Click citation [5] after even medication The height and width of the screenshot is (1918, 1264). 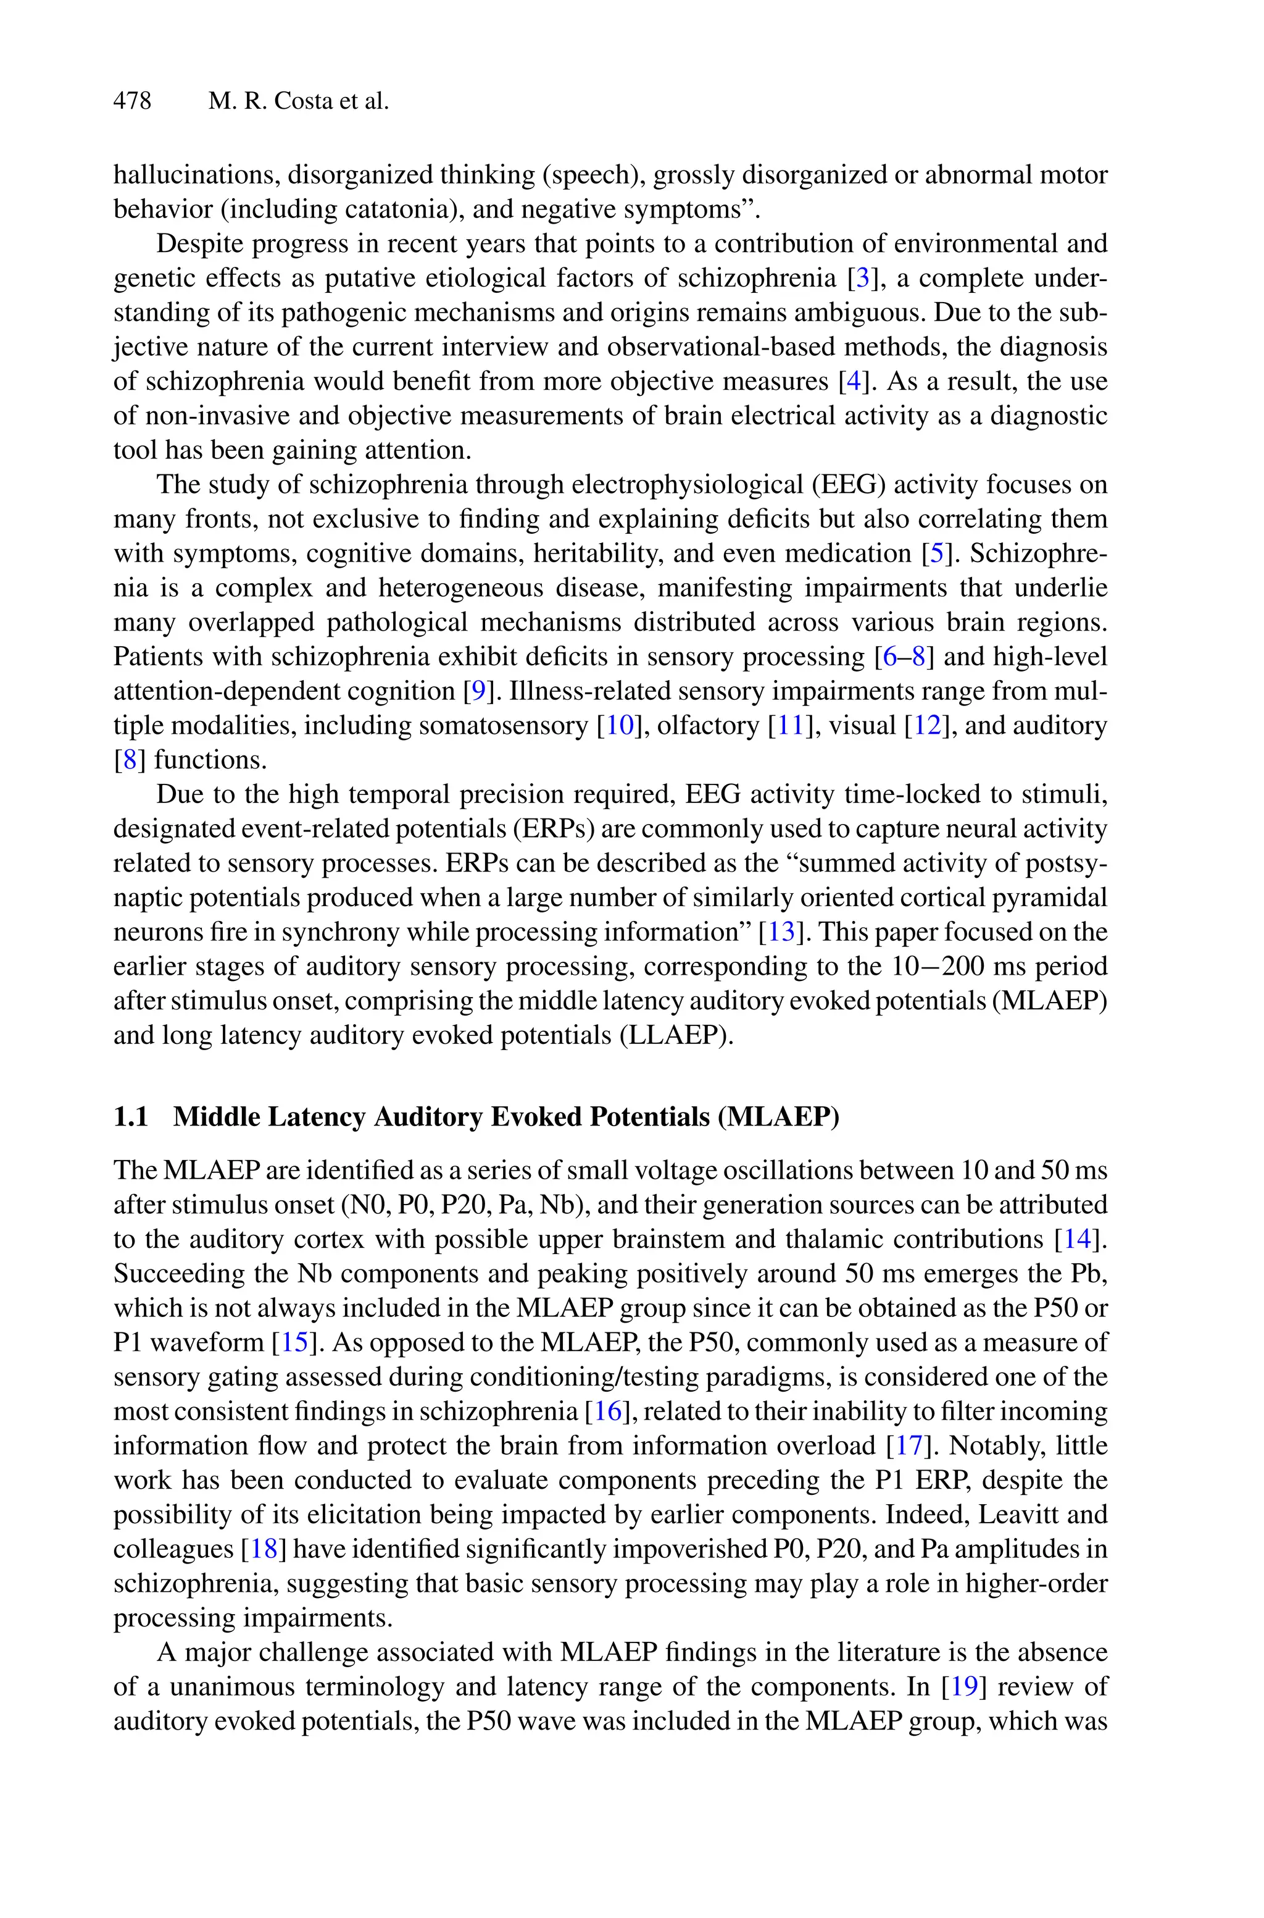[x=936, y=554]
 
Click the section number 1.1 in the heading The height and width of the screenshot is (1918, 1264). [x=131, y=1117]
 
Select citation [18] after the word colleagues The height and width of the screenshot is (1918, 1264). [x=264, y=1549]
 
